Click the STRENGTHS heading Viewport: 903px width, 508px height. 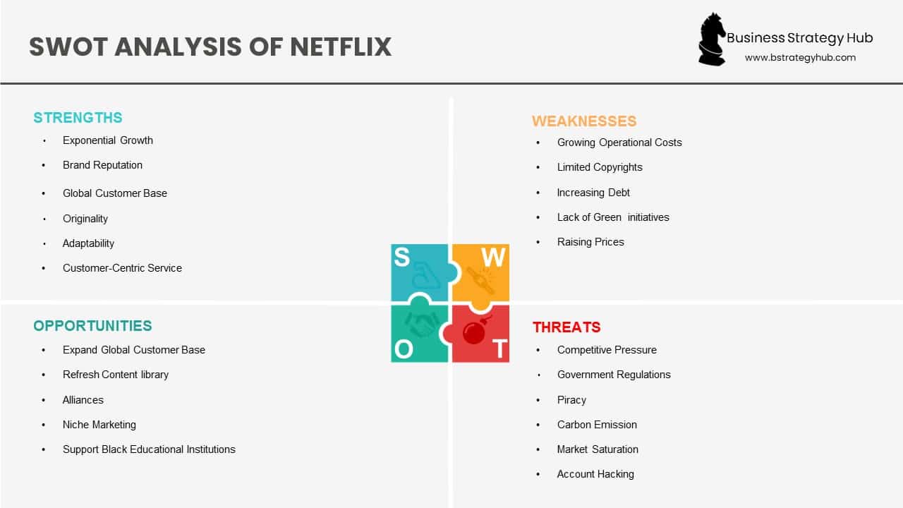click(78, 118)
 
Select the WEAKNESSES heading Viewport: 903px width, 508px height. click(584, 121)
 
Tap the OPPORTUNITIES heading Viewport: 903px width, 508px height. click(92, 326)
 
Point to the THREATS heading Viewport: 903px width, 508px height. click(566, 327)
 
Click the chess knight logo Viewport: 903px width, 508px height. click(711, 40)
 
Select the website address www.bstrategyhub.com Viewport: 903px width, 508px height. click(800, 58)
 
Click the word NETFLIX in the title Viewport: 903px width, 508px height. click(341, 47)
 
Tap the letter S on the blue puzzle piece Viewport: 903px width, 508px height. click(401, 258)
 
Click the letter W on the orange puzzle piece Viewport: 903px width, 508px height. click(493, 258)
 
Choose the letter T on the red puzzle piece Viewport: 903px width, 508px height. click(499, 349)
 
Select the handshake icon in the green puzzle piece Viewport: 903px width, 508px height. click(422, 325)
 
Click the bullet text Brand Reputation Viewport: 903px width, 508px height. click(102, 165)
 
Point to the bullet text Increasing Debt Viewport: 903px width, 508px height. click(593, 193)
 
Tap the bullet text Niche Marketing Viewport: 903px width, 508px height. click(99, 425)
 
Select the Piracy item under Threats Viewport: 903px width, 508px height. click(571, 400)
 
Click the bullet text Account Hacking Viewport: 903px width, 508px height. click(595, 474)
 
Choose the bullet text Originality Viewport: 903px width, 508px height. click(85, 219)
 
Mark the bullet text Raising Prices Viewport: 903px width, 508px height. click(590, 242)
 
